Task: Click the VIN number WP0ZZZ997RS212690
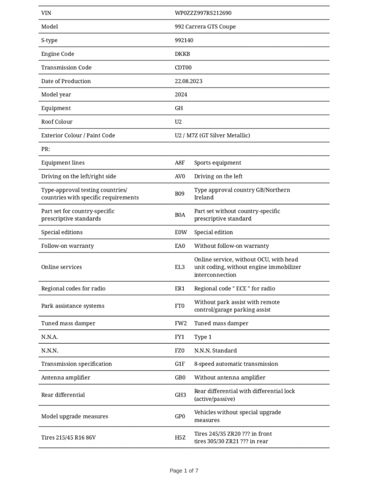(203, 13)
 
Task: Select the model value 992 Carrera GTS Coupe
(205, 27)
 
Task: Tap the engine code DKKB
(182, 54)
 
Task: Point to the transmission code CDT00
(183, 67)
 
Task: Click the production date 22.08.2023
(188, 81)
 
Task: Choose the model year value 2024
(181, 94)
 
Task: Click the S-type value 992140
(184, 40)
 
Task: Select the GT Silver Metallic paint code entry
(212, 135)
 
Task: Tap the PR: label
(45, 149)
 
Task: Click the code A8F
(180, 163)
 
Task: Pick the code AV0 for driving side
(180, 176)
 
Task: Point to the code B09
(179, 194)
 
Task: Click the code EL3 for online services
(180, 267)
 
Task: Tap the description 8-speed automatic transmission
(236, 364)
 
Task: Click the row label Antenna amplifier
(66, 378)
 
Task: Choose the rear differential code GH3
(180, 395)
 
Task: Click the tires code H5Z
(180, 438)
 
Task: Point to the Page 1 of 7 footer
(184, 471)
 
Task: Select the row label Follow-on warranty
(67, 246)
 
